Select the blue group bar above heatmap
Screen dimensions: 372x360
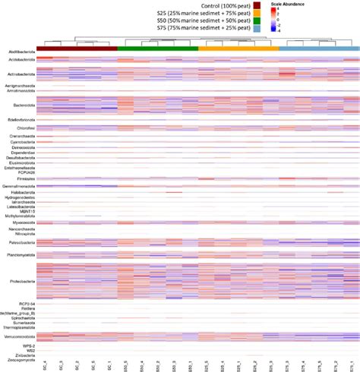[x=318, y=48]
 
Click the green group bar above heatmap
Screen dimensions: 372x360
[x=158, y=48]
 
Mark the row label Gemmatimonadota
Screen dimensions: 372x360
[x=17, y=187]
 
